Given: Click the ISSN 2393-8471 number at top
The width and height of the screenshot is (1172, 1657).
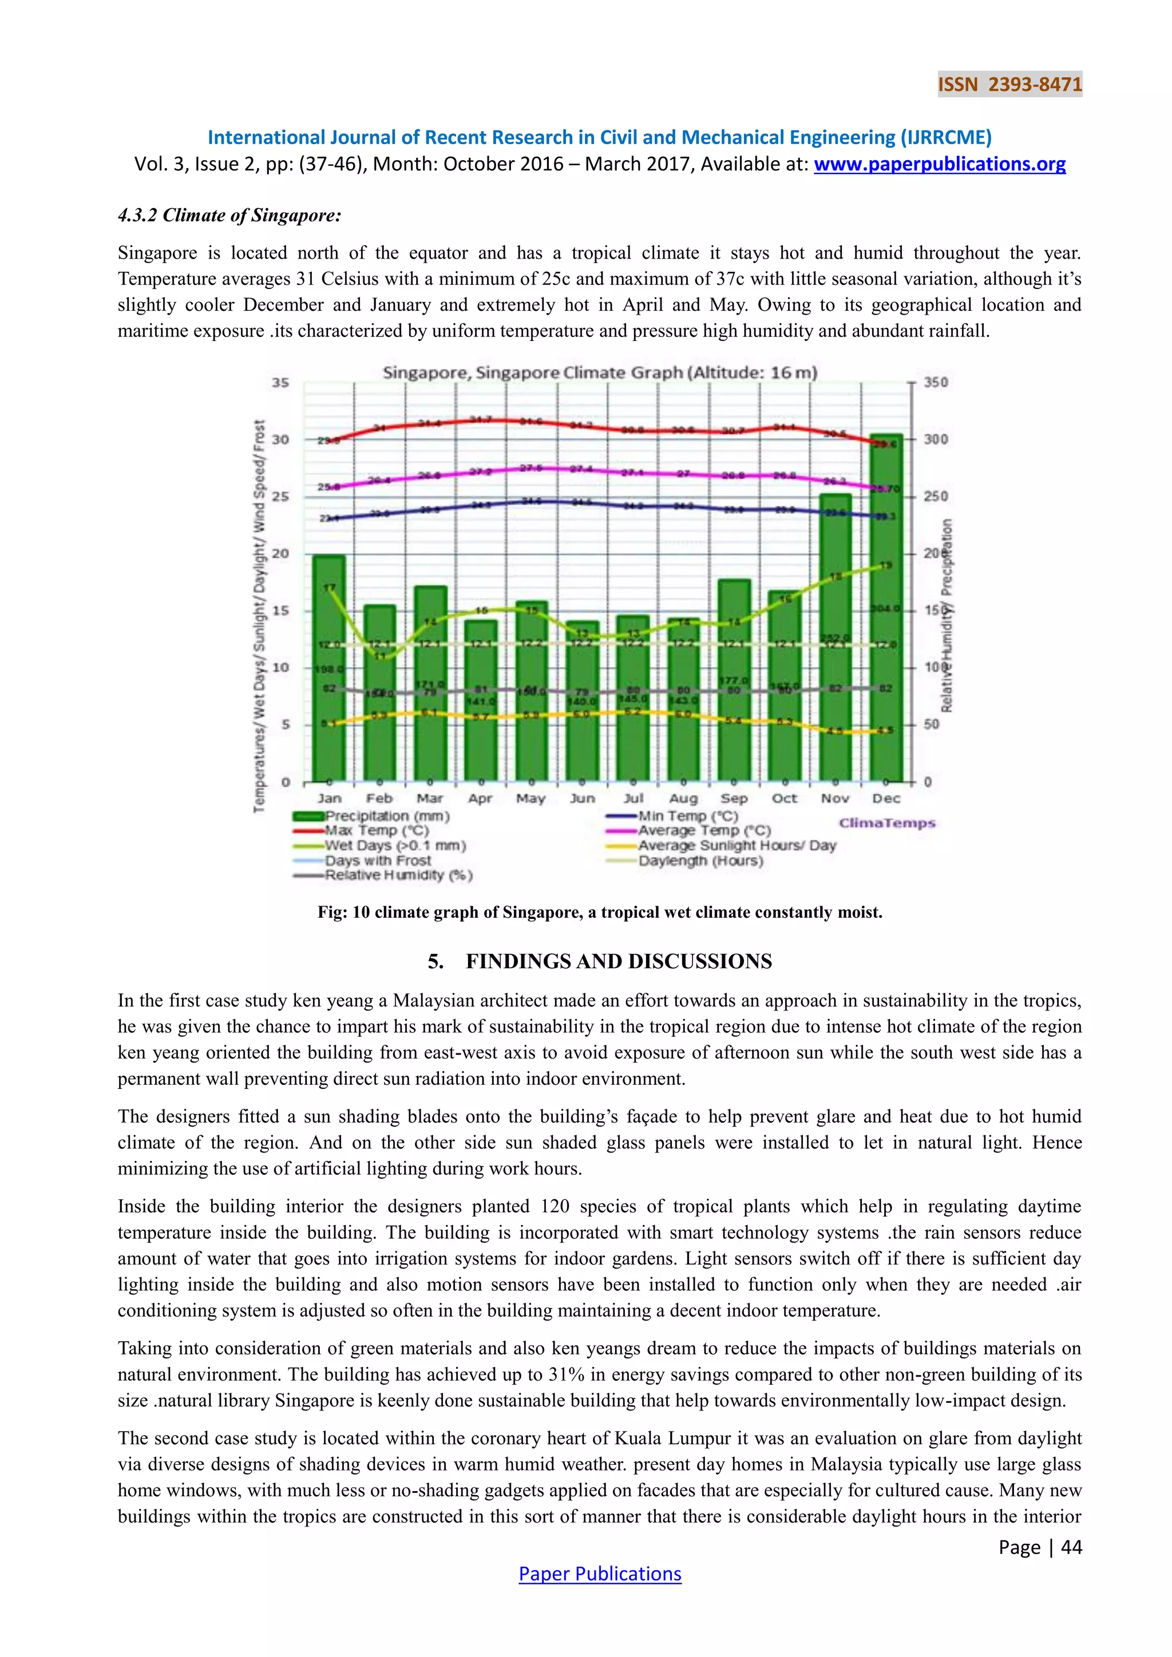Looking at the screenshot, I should coord(1009,85).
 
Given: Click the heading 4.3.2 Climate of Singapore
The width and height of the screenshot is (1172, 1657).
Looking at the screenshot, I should coord(229,215).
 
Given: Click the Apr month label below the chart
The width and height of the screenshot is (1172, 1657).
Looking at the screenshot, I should coord(480,798).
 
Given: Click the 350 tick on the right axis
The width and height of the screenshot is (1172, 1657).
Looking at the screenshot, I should coord(936,383).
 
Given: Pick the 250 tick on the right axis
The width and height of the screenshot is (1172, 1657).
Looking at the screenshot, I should coord(936,497).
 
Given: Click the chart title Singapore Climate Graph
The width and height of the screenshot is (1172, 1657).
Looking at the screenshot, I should coord(599,372).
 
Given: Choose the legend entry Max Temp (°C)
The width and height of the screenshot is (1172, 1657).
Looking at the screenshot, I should coord(376,831).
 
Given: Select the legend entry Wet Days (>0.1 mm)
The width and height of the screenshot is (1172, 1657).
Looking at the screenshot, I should coord(395,845).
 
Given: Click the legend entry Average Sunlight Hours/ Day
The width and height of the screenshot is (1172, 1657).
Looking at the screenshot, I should coord(736,845).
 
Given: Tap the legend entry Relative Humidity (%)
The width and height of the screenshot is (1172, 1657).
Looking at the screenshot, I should coord(398,875).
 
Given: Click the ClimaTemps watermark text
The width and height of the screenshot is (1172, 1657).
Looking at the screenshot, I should coord(886,823).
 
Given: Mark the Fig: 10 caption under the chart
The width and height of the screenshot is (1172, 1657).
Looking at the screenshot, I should coord(599,912).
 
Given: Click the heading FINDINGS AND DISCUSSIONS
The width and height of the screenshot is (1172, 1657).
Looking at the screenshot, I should coord(619,961).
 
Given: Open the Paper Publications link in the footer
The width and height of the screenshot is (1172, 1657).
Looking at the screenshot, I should coord(599,1574).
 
